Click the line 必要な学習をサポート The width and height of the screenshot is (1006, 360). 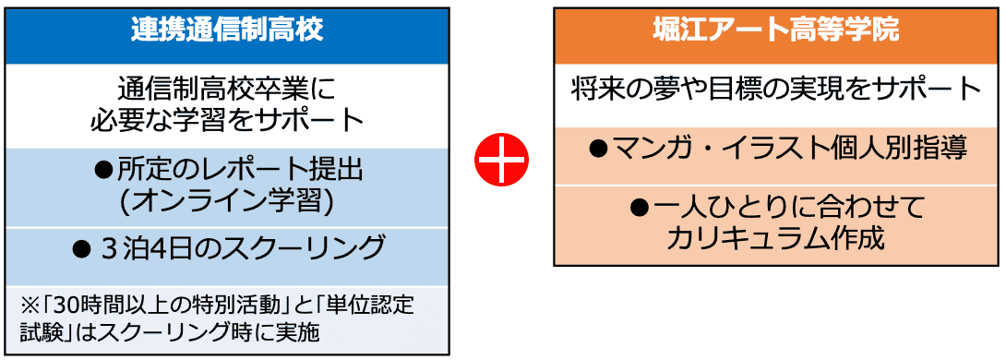tap(227, 119)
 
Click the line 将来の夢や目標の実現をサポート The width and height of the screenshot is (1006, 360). tap(776, 90)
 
